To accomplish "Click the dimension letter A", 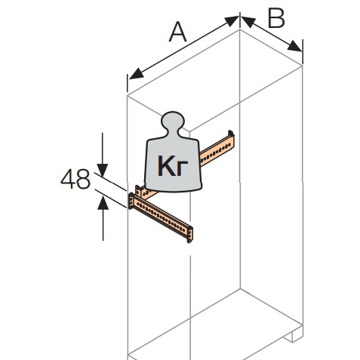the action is point(178,32).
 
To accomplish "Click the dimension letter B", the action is point(276,18).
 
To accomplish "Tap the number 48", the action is point(75,179).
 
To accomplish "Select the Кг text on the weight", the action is point(173,165).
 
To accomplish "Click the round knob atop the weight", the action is point(173,120).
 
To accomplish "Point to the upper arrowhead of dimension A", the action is point(232,20).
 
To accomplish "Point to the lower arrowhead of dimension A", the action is point(136,75).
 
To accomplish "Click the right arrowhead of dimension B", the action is point(294,46).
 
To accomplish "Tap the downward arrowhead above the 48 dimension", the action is point(103,170).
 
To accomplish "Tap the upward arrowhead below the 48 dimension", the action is point(103,202).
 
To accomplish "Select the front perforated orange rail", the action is point(161,217).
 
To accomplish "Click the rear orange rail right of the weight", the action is point(217,149).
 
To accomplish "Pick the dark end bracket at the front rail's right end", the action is point(190,234).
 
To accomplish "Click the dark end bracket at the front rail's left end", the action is point(131,201).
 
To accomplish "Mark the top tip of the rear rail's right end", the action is point(230,131).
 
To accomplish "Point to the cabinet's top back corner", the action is point(240,29).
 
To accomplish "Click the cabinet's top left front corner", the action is point(128,96).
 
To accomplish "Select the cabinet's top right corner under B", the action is point(303,66).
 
